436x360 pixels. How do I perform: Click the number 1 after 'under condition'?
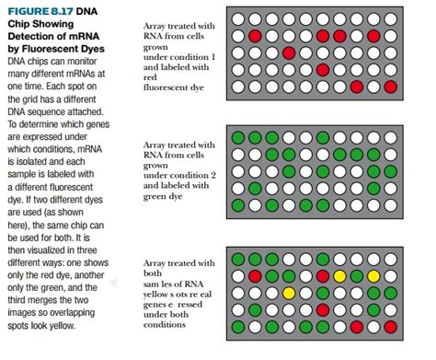point(214,59)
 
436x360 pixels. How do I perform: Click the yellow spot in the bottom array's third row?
point(289,293)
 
